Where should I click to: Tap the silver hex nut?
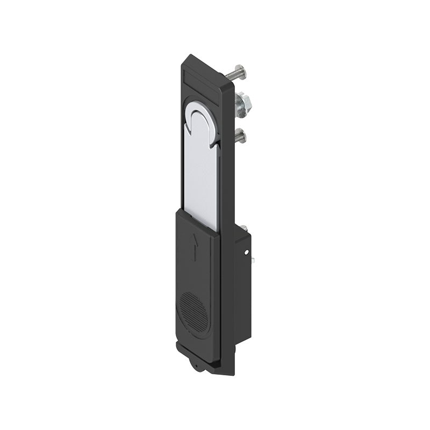tap(241, 103)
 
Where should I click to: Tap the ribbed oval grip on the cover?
tap(192, 314)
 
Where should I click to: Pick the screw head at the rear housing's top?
tap(243, 229)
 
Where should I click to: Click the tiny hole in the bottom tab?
tap(198, 368)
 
